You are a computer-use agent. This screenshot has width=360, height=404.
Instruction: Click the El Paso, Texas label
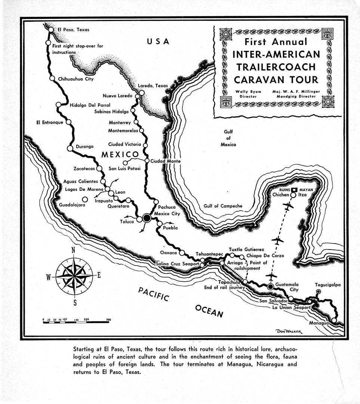coord(73,30)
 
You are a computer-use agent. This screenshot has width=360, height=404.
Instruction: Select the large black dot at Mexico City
coord(147,218)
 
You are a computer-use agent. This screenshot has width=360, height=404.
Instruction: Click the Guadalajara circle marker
coord(85,199)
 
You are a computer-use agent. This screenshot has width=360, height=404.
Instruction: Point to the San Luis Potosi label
coord(124,169)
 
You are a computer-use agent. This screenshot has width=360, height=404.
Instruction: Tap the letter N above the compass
coord(74,250)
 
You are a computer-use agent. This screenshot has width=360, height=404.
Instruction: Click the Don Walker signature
coord(287,331)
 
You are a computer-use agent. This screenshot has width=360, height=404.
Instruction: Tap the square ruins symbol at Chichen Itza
coord(295,190)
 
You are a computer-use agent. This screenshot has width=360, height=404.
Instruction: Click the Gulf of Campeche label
coord(223,206)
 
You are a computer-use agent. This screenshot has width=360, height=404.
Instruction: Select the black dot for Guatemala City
coord(270,287)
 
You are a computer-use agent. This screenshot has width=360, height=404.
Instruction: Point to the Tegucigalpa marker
coord(319,291)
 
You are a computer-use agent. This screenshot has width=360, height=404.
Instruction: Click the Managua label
coord(319,323)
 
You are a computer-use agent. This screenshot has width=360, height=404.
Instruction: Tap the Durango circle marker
coord(70,148)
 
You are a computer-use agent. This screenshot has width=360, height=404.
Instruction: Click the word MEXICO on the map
coord(120,154)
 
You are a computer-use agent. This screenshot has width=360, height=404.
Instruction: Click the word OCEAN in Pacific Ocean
coord(209,311)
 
